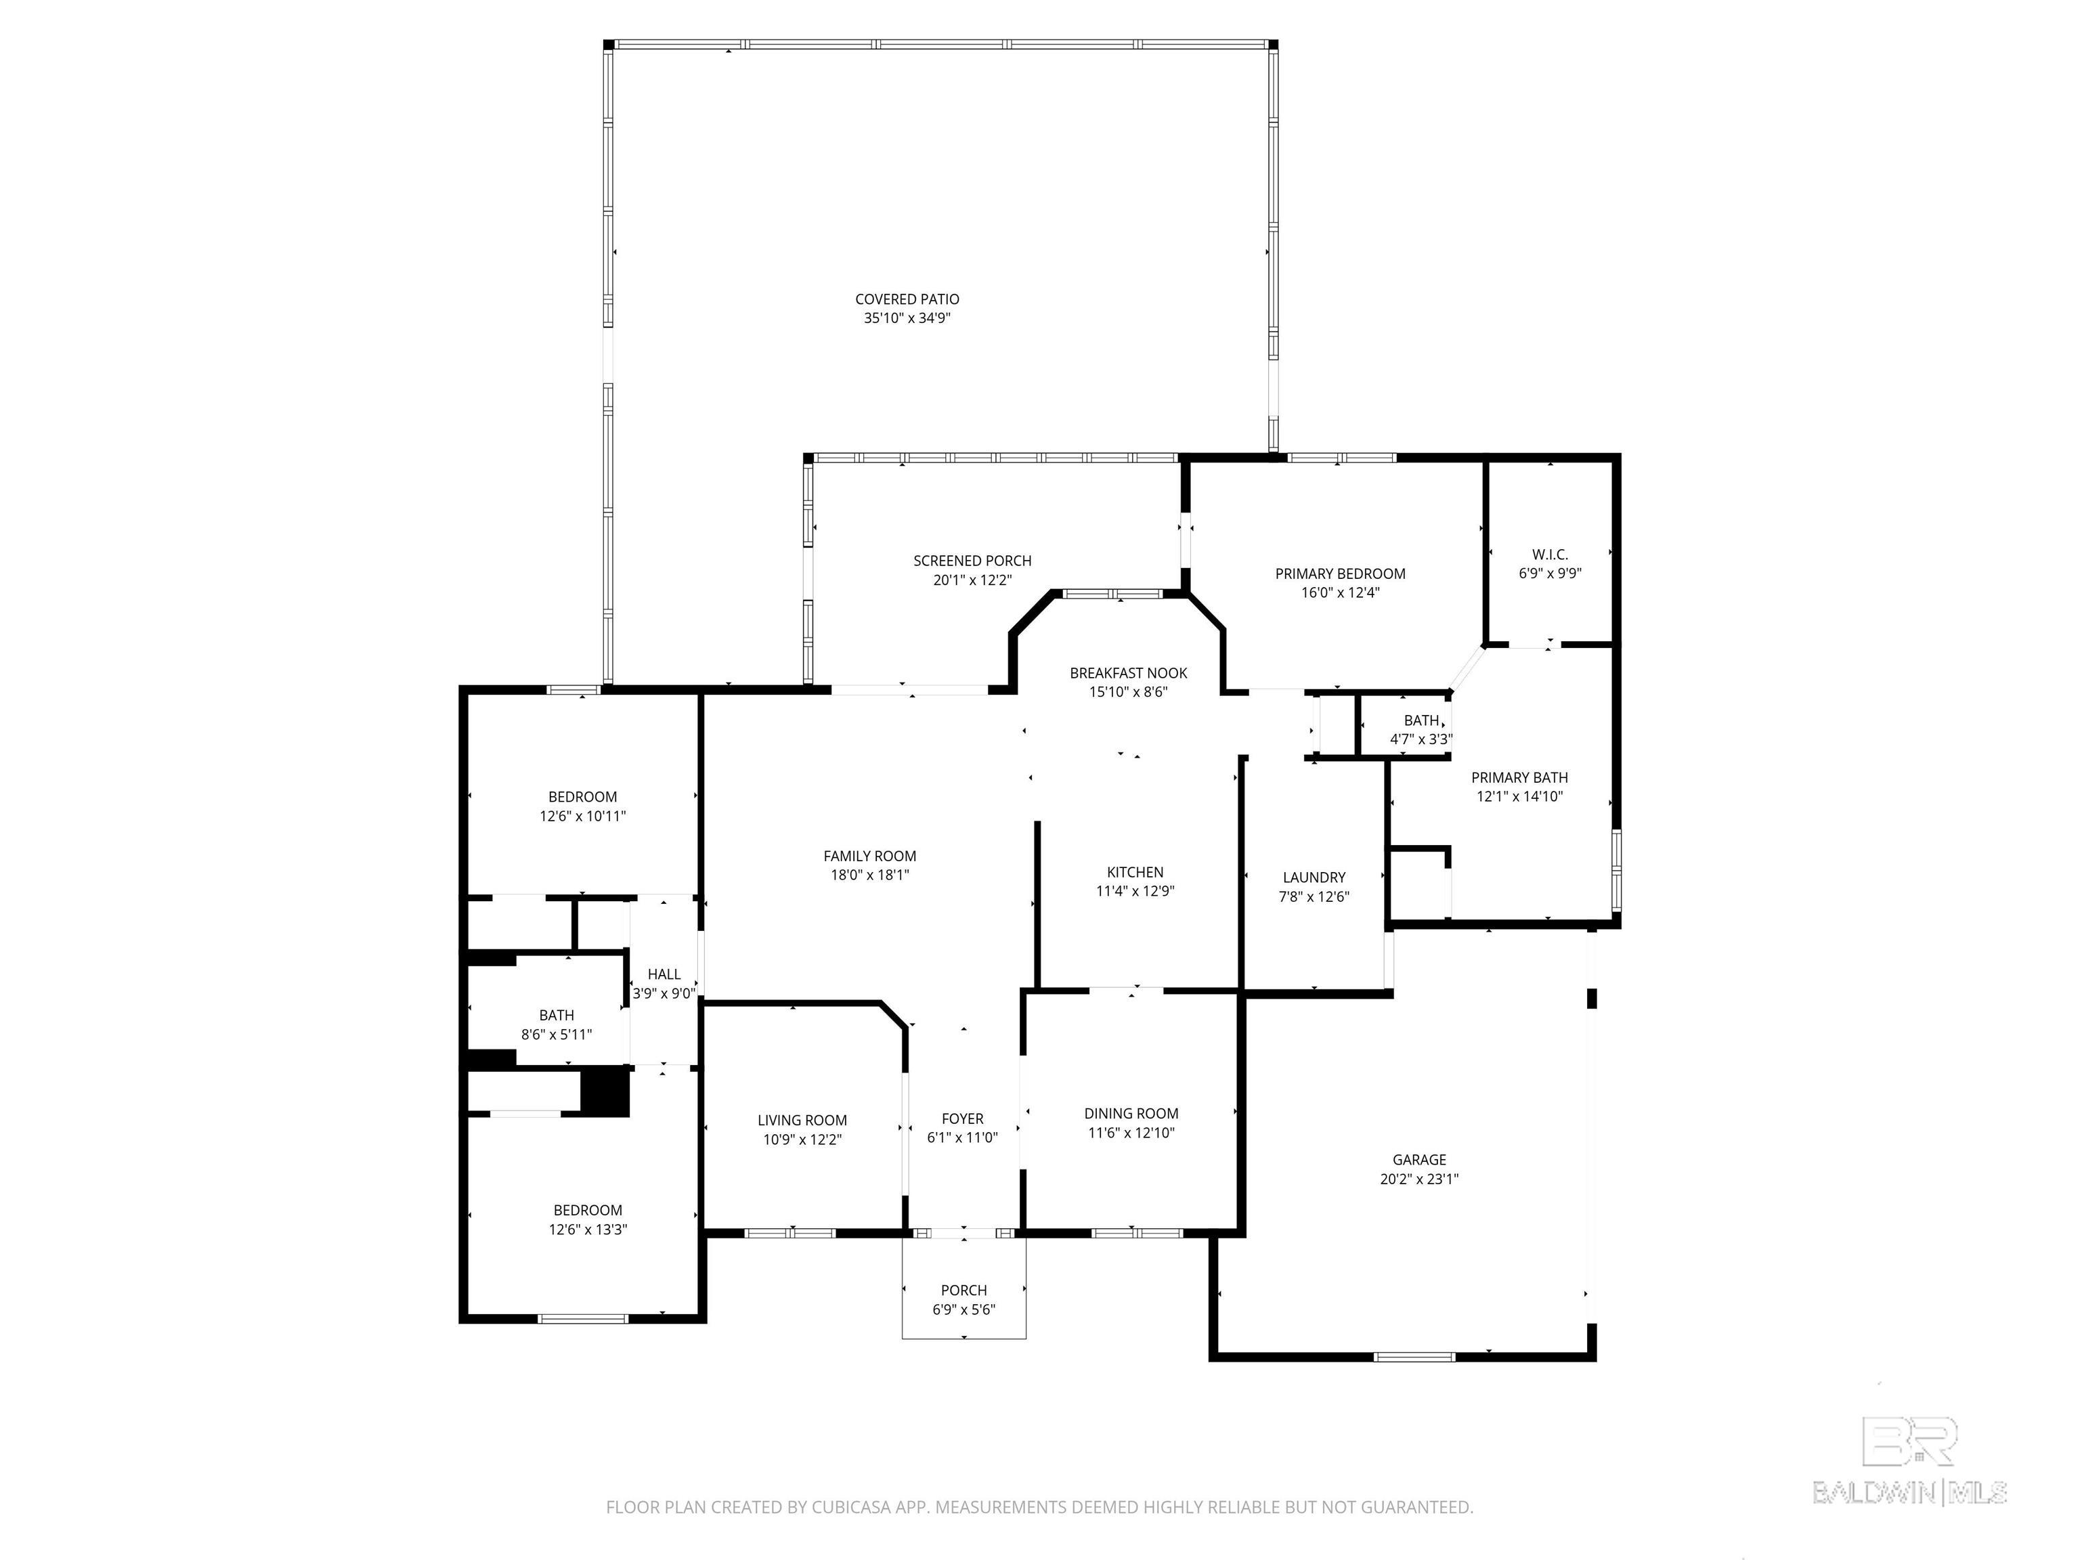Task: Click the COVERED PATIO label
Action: [x=907, y=299]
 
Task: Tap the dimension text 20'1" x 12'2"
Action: [x=972, y=580]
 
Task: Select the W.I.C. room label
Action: [x=1550, y=554]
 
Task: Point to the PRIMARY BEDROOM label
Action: [x=1340, y=573]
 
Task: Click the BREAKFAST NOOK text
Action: [x=1129, y=672]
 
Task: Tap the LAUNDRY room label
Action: [x=1314, y=877]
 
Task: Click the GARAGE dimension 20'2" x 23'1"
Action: [x=1419, y=1179]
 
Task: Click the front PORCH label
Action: [x=964, y=1290]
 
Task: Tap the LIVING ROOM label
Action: [x=802, y=1120]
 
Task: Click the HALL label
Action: [x=664, y=974]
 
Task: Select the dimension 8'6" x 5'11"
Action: [x=557, y=1035]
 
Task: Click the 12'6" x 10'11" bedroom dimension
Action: [x=583, y=816]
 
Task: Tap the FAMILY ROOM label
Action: [x=870, y=856]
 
